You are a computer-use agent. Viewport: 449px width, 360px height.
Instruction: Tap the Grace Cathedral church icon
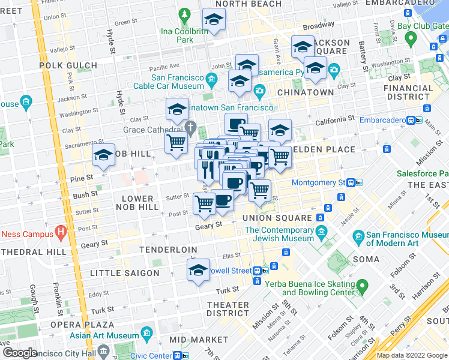191,127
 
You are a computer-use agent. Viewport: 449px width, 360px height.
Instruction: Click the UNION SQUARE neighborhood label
277,218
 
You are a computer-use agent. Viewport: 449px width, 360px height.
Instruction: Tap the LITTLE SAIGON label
125,273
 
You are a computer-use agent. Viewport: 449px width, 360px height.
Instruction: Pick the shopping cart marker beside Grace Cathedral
175,143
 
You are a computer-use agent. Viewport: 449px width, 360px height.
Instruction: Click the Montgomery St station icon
358,183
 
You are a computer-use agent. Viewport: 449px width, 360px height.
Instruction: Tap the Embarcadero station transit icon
414,120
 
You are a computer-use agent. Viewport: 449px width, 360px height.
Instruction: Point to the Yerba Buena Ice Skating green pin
361,286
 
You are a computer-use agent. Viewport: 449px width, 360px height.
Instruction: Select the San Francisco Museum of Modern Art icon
358,235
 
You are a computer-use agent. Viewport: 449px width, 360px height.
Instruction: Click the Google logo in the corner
20,353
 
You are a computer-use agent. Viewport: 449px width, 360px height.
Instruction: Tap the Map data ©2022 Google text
412,355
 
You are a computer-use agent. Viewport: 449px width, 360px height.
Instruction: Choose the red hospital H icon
60,230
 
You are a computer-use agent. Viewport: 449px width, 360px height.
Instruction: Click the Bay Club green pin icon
411,40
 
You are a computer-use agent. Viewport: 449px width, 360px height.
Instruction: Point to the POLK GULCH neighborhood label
68,65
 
